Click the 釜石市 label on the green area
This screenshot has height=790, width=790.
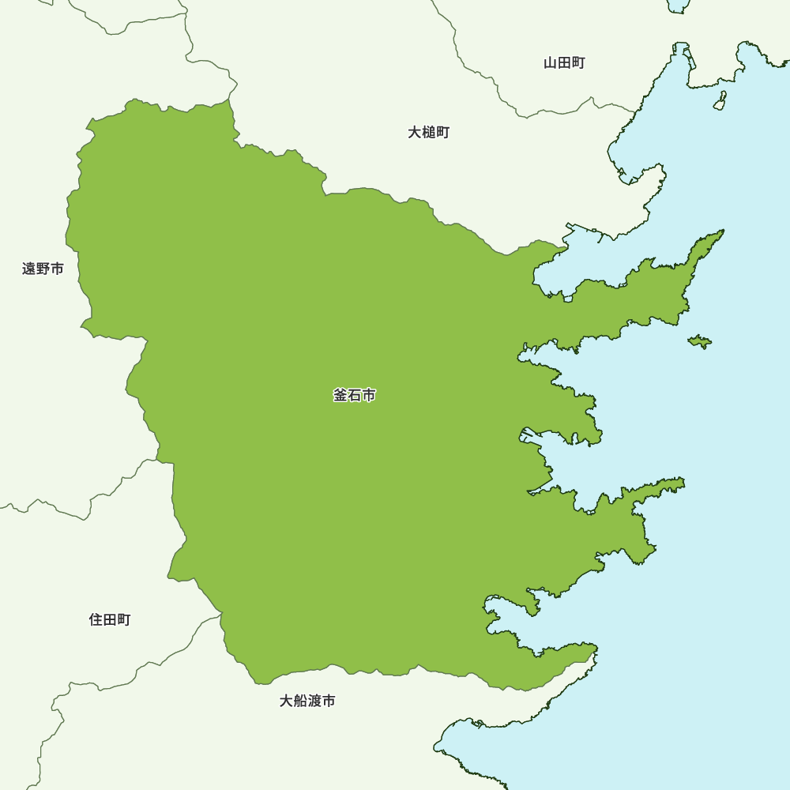[x=355, y=395]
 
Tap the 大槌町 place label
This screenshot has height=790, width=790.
[x=428, y=132]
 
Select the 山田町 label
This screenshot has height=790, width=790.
[x=564, y=63]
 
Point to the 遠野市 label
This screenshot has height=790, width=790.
[x=43, y=269]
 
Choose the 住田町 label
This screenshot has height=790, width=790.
[x=110, y=619]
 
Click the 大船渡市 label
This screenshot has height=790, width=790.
[x=307, y=701]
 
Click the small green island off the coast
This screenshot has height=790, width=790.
[x=699, y=341]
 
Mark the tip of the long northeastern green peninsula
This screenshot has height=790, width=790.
[x=720, y=233]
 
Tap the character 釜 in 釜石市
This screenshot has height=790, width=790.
[x=340, y=395]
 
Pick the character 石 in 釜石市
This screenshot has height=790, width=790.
[x=355, y=395]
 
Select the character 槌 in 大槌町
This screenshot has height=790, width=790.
[x=428, y=132]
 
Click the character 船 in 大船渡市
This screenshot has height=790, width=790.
[x=300, y=701]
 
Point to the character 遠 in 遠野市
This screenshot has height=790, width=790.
[x=28, y=269]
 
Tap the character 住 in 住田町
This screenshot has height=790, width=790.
[x=96, y=619]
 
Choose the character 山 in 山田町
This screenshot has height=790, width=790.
[x=550, y=63]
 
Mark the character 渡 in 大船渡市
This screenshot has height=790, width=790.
[x=314, y=701]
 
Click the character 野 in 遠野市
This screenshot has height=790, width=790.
[x=43, y=269]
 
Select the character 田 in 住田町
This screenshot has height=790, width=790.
[x=110, y=619]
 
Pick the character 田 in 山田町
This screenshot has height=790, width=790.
[x=564, y=63]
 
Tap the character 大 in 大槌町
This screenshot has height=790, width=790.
[x=414, y=132]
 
